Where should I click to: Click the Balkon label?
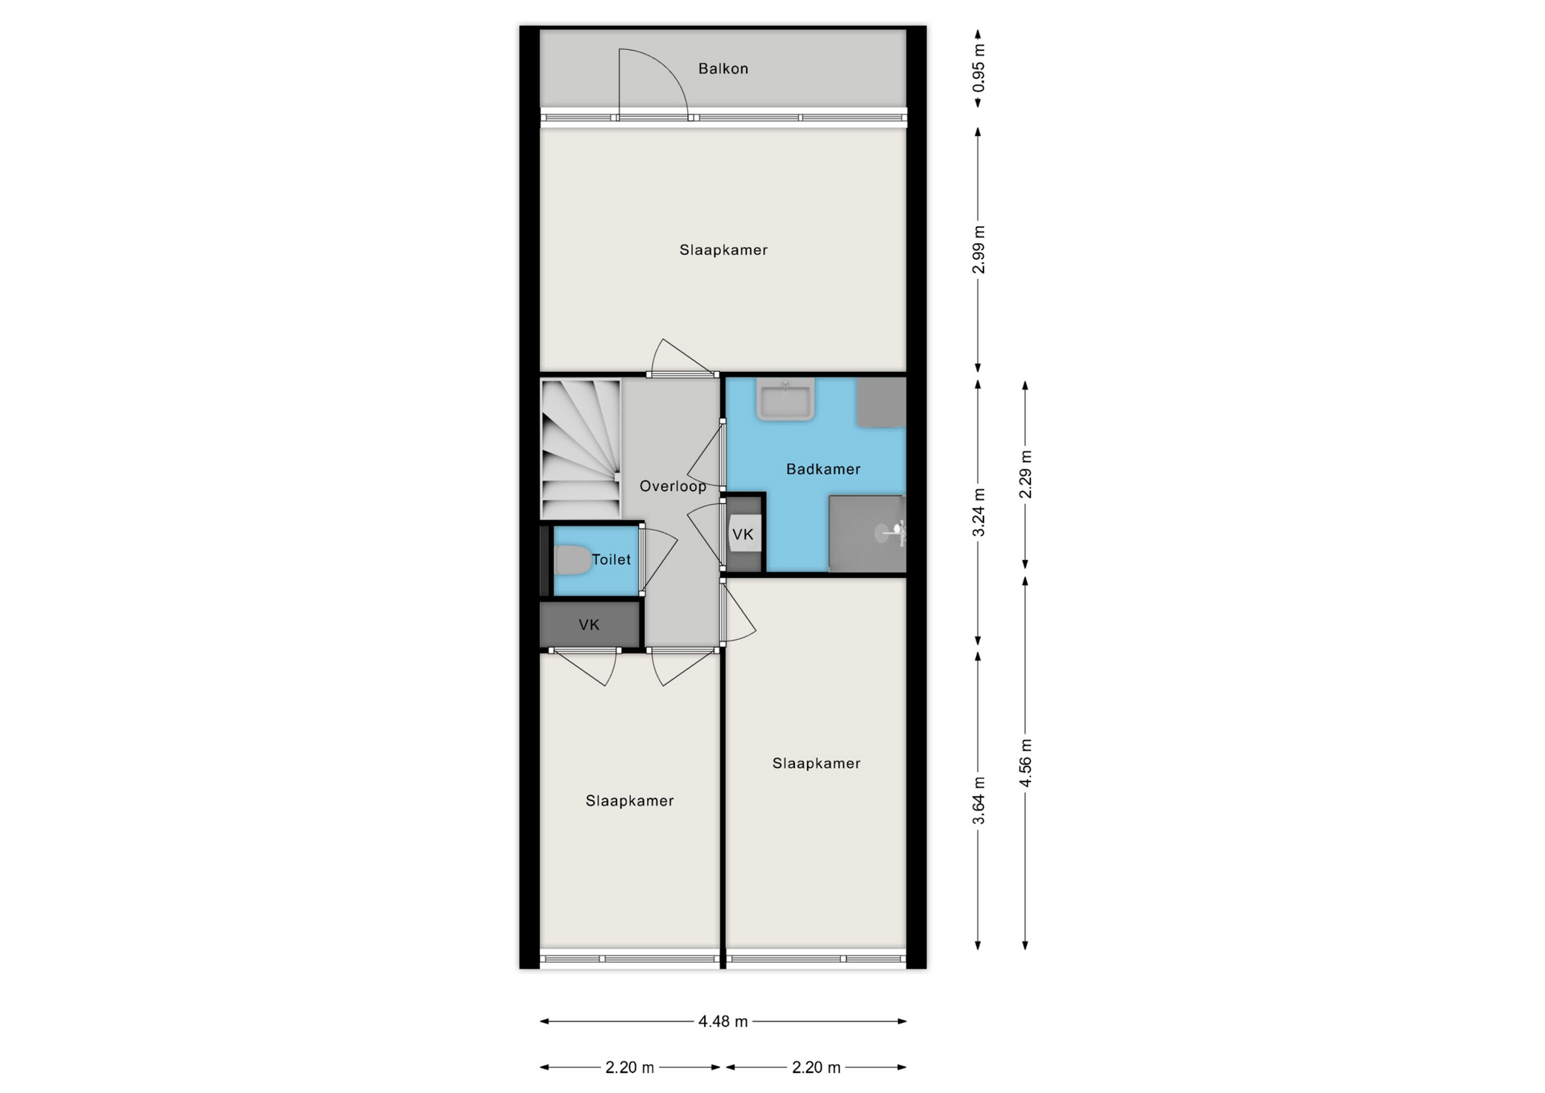[723, 69]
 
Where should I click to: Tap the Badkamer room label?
[823, 469]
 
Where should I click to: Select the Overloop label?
[673, 486]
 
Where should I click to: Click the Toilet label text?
[612, 559]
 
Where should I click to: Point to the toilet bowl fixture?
[572, 560]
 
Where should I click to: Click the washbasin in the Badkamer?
[785, 400]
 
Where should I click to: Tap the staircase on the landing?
[581, 450]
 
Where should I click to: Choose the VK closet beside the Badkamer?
[743, 534]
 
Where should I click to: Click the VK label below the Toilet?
[589, 625]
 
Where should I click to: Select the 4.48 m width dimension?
[723, 1021]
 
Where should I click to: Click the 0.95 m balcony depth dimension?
[978, 68]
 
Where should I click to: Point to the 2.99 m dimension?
[978, 250]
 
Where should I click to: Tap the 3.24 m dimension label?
[978, 513]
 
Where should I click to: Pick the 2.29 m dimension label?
[1025, 474]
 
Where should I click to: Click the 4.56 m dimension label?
[1025, 763]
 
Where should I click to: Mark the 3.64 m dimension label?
[978, 801]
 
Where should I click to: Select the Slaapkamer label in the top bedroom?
[723, 250]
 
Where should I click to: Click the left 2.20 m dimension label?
[629, 1067]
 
